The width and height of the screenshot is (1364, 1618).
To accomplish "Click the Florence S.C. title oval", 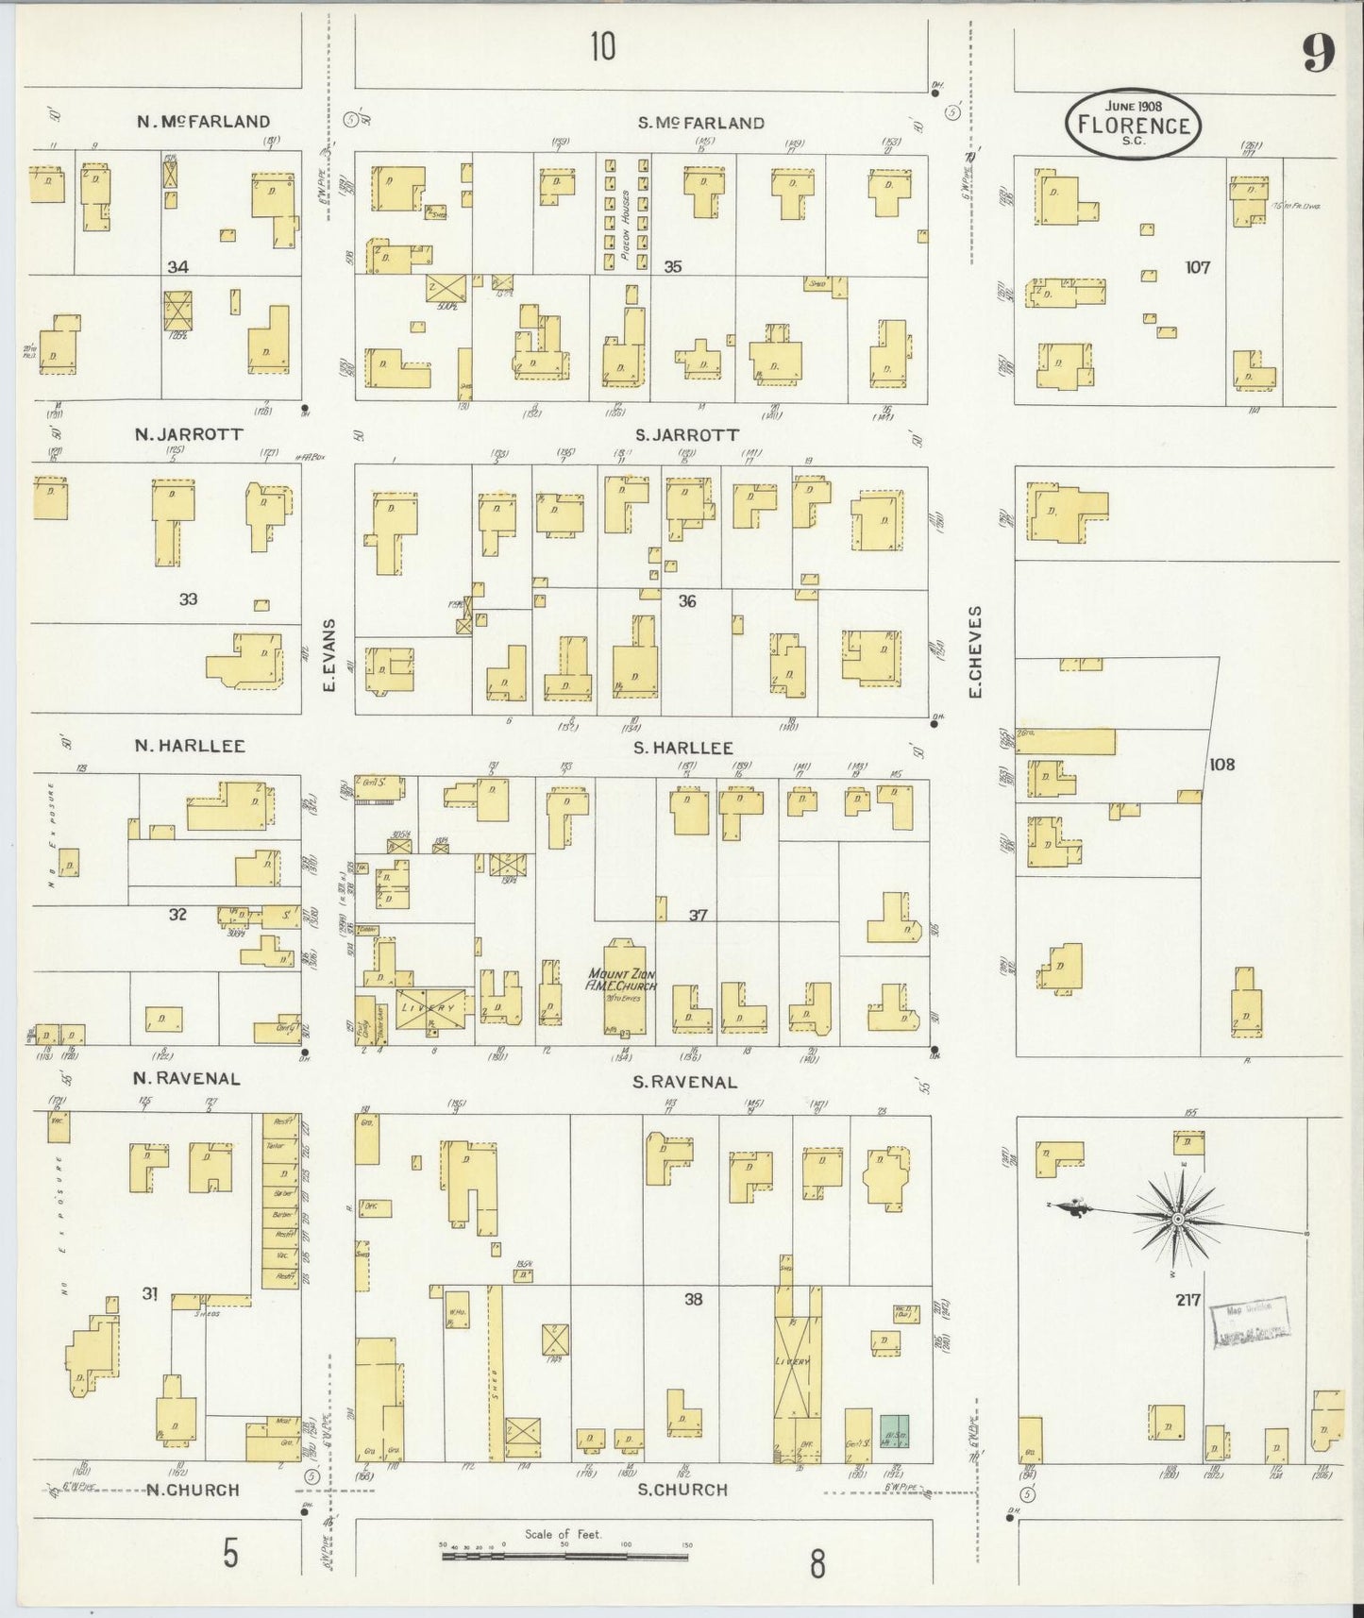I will [x=1133, y=124].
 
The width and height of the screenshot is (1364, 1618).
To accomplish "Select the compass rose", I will [x=1178, y=1220].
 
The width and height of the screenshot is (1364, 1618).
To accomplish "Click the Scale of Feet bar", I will [x=564, y=1555].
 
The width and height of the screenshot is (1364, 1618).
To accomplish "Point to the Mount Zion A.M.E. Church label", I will [x=622, y=980].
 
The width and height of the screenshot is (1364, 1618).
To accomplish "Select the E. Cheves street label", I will [x=975, y=651].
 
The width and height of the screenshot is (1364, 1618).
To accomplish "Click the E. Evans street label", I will [x=329, y=654].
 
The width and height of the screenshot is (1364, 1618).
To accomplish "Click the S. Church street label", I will [x=682, y=1490].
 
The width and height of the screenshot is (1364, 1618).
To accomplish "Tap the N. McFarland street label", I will [x=203, y=121].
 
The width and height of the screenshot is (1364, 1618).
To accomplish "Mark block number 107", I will [x=1197, y=267].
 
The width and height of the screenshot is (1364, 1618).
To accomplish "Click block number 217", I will [x=1187, y=1300].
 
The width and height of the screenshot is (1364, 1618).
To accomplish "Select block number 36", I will [x=686, y=600].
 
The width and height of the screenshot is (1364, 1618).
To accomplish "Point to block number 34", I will [x=177, y=267].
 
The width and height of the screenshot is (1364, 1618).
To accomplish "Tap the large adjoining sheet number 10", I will [x=602, y=45].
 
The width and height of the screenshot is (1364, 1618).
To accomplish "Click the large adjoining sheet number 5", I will [x=230, y=1553].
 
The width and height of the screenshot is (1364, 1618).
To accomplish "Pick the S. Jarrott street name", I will [x=686, y=435].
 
